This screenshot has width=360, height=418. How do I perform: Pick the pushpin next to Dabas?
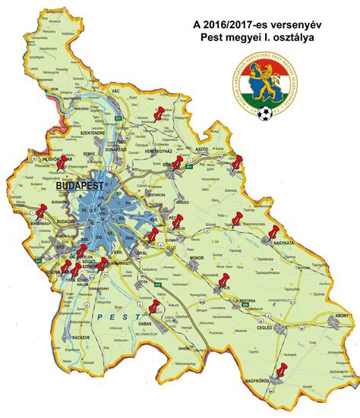155,307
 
